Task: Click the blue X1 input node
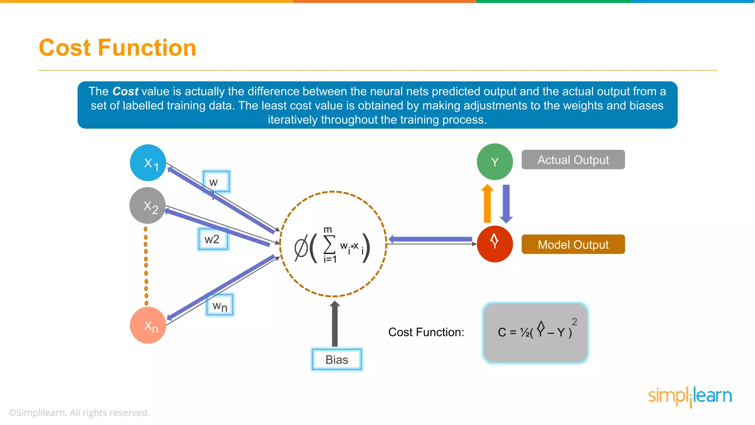[x=148, y=163]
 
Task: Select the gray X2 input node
[x=147, y=205]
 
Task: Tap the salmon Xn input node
[x=148, y=325]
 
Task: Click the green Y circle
[x=495, y=162]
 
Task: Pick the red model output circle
[x=495, y=244]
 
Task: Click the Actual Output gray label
[x=573, y=160]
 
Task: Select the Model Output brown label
[x=573, y=244]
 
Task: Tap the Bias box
[x=337, y=359]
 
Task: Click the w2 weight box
[x=213, y=239]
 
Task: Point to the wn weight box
[x=220, y=305]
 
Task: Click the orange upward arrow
[x=487, y=204]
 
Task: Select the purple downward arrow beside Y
[x=506, y=204]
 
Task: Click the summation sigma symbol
[x=329, y=244]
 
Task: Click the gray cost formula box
[x=535, y=333]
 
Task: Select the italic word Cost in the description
[x=125, y=91]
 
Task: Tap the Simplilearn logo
[x=690, y=396]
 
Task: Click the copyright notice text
[x=79, y=412]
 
